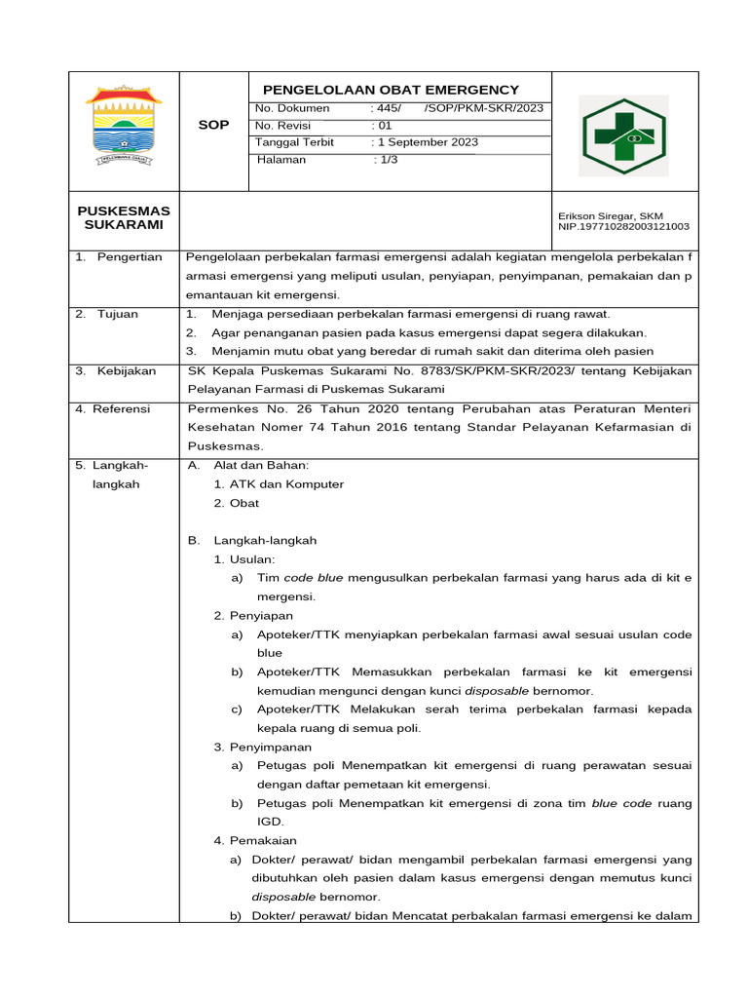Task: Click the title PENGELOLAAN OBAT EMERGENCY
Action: pyautogui.click(x=385, y=90)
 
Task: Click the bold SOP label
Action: pyautogui.click(x=213, y=125)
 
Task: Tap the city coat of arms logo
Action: pyautogui.click(x=124, y=126)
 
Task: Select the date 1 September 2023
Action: pyautogui.click(x=428, y=142)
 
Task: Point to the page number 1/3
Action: pyautogui.click(x=388, y=160)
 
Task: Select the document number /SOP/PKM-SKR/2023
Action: pyautogui.click(x=484, y=108)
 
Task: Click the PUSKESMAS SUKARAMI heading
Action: pyautogui.click(x=124, y=217)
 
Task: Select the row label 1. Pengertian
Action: pyautogui.click(x=119, y=257)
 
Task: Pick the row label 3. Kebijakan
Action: pyautogui.click(x=115, y=370)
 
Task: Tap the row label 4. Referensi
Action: pyautogui.click(x=115, y=409)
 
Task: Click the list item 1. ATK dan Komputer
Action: pyautogui.click(x=279, y=484)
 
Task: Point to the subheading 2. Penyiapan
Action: pyautogui.click(x=253, y=616)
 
